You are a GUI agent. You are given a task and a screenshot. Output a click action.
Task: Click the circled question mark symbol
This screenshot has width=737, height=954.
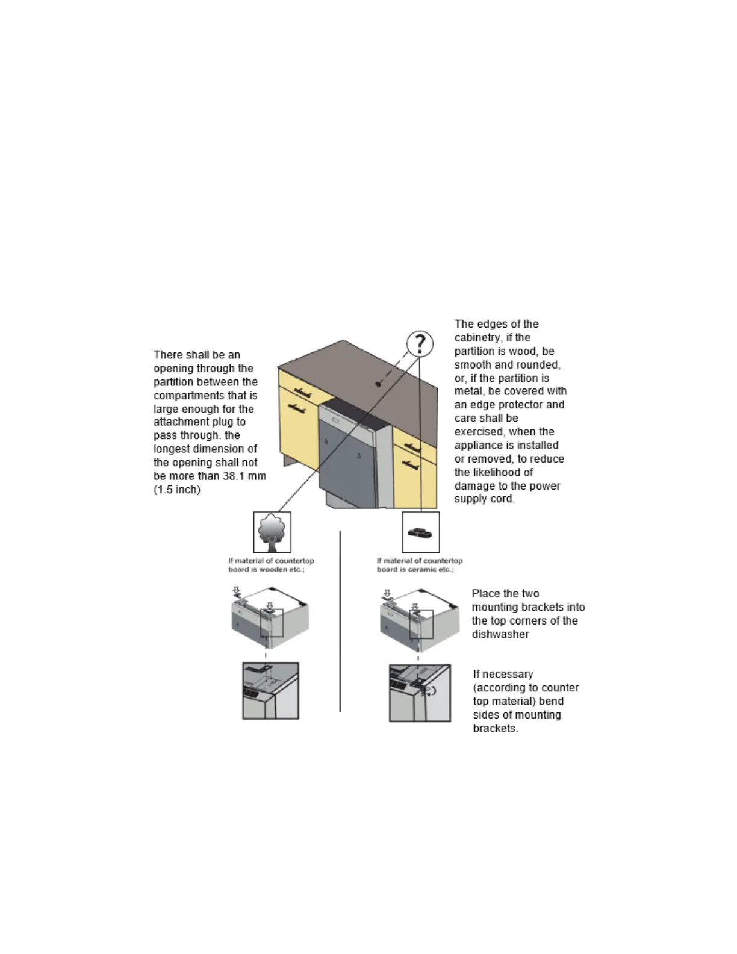pos(420,344)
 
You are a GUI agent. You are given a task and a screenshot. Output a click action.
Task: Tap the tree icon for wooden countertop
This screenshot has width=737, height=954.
pos(272,532)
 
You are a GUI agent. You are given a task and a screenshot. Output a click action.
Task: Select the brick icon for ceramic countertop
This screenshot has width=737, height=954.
pos(420,532)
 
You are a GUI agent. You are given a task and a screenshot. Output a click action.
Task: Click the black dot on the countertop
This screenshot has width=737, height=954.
pos(378,384)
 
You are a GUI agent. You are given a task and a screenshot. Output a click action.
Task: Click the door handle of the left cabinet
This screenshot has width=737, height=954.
pos(296,409)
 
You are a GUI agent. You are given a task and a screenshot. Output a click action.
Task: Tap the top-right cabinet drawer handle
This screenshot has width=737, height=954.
pos(412,447)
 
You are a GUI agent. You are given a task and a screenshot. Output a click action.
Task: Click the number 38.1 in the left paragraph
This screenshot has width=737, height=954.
pos(231,476)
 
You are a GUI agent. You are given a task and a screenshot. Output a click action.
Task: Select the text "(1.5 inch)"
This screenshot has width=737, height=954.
pos(177,490)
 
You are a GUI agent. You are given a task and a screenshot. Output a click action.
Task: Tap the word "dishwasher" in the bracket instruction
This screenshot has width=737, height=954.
pos(500,634)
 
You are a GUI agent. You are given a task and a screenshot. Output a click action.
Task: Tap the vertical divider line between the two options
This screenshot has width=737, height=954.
pos(340,620)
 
